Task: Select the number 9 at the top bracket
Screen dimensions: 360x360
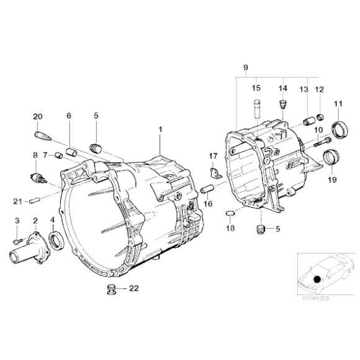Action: click(x=245, y=66)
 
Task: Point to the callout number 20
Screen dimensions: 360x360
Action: click(x=37, y=116)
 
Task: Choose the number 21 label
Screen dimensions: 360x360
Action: click(x=18, y=200)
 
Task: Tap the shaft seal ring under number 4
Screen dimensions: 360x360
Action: click(x=56, y=238)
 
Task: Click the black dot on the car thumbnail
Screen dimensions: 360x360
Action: click(x=318, y=279)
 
